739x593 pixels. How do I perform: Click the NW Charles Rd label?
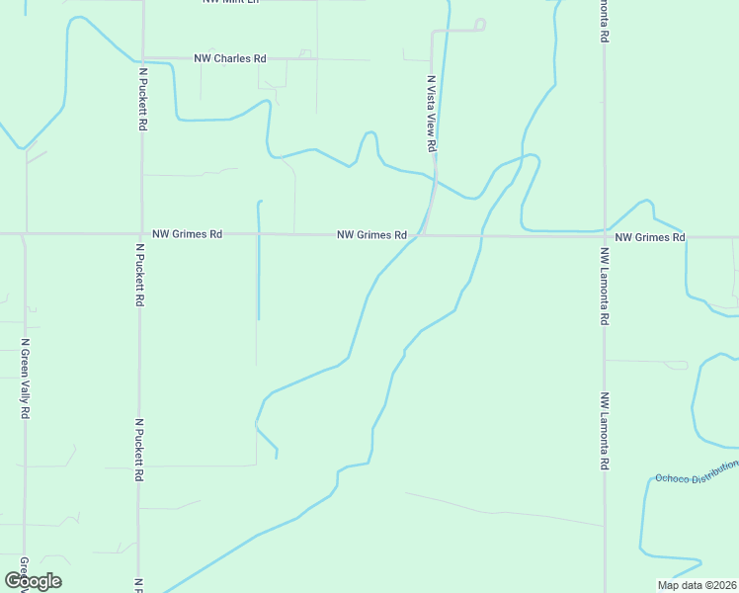tap(230, 58)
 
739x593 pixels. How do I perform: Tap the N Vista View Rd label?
tap(432, 113)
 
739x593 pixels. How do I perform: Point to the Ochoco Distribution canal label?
tap(696, 471)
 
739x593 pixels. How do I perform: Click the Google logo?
tap(33, 580)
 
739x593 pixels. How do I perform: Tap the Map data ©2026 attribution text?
tap(697, 585)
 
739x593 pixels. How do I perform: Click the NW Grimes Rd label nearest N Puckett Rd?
tap(187, 234)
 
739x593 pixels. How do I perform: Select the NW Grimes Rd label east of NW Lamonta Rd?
tap(649, 237)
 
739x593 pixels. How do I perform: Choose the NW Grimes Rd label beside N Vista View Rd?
tap(371, 235)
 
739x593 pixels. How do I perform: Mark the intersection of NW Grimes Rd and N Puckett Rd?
tap(141, 234)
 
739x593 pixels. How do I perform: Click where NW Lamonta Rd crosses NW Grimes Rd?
tap(605, 236)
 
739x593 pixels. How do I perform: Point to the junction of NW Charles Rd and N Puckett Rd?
tap(142, 57)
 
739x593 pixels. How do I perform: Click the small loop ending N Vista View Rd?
tap(480, 24)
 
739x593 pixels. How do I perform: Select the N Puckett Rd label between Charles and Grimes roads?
tap(143, 100)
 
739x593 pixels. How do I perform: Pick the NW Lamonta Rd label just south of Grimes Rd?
tap(603, 287)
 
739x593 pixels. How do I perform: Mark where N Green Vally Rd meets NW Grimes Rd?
tap(24, 234)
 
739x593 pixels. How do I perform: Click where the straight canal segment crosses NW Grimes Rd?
tap(258, 234)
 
